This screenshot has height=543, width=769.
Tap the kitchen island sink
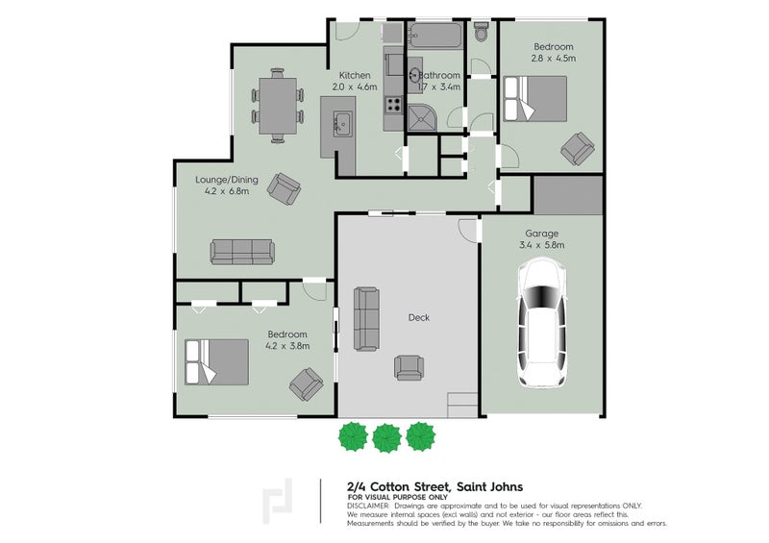[341, 123]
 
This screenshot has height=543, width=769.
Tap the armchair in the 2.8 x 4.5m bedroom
[578, 147]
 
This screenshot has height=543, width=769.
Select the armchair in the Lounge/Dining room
[283, 186]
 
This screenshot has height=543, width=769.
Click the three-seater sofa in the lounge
[242, 252]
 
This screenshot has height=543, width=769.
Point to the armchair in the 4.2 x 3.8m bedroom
[306, 385]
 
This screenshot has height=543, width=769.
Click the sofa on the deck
[366, 318]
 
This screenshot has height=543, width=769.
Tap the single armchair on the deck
[409, 366]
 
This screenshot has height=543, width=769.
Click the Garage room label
[541, 234]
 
